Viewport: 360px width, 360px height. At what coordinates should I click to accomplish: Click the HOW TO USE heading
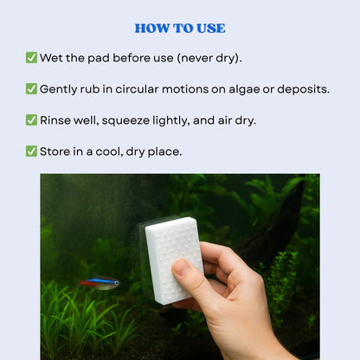[x=180, y=29]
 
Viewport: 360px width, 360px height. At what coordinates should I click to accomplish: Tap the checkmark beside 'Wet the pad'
[x=31, y=58]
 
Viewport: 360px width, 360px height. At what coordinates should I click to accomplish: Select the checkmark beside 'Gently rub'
[x=31, y=89]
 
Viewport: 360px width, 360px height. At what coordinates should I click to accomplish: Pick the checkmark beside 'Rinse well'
[x=31, y=120]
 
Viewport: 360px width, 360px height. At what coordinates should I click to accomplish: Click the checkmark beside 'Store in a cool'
[x=31, y=151]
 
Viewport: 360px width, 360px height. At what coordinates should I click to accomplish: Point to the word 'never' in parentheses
[x=197, y=58]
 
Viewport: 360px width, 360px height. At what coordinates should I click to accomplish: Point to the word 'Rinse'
[x=57, y=120]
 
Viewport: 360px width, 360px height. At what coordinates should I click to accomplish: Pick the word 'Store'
[x=56, y=151]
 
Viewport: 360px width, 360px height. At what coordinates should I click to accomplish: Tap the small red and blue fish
[x=100, y=282]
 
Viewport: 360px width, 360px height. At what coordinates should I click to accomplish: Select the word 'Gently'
[x=62, y=89]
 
